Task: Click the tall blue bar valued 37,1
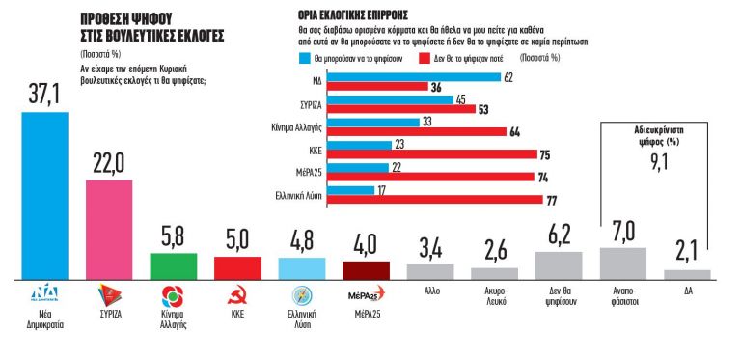(44, 193)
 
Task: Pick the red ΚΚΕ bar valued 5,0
(236, 267)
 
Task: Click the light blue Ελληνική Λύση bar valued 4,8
(301, 267)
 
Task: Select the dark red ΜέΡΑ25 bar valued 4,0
(366, 269)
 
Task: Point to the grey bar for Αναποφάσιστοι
(622, 262)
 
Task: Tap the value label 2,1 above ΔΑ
(687, 253)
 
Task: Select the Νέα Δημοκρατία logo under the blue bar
(44, 292)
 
